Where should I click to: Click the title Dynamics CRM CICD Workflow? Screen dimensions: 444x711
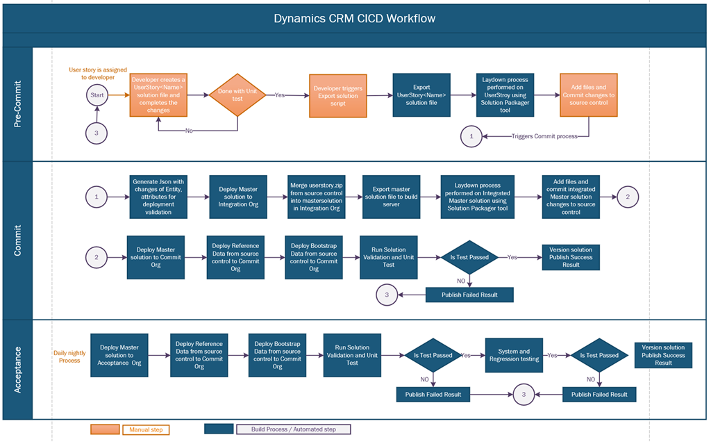(355, 18)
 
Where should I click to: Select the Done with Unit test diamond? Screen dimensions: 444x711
(237, 94)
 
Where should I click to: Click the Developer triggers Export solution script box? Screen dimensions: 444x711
(337, 94)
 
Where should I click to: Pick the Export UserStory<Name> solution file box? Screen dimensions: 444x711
(421, 94)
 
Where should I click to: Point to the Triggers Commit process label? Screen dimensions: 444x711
(544, 136)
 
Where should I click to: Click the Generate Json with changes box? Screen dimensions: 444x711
(158, 197)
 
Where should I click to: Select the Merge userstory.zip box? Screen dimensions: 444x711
(317, 197)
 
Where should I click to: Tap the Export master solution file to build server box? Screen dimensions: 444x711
(391, 197)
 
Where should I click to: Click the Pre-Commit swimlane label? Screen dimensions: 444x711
(18, 104)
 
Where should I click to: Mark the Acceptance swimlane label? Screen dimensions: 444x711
(18, 369)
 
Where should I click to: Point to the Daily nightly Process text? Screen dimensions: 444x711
(69, 356)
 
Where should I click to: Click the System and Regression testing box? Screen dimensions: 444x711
(514, 355)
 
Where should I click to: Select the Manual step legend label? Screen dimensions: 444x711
(147, 429)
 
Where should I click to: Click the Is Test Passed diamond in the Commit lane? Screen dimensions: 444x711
(469, 257)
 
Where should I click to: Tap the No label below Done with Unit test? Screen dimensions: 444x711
(189, 131)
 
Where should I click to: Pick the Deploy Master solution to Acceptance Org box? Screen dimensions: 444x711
(119, 355)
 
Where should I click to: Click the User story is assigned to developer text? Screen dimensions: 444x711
(97, 73)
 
